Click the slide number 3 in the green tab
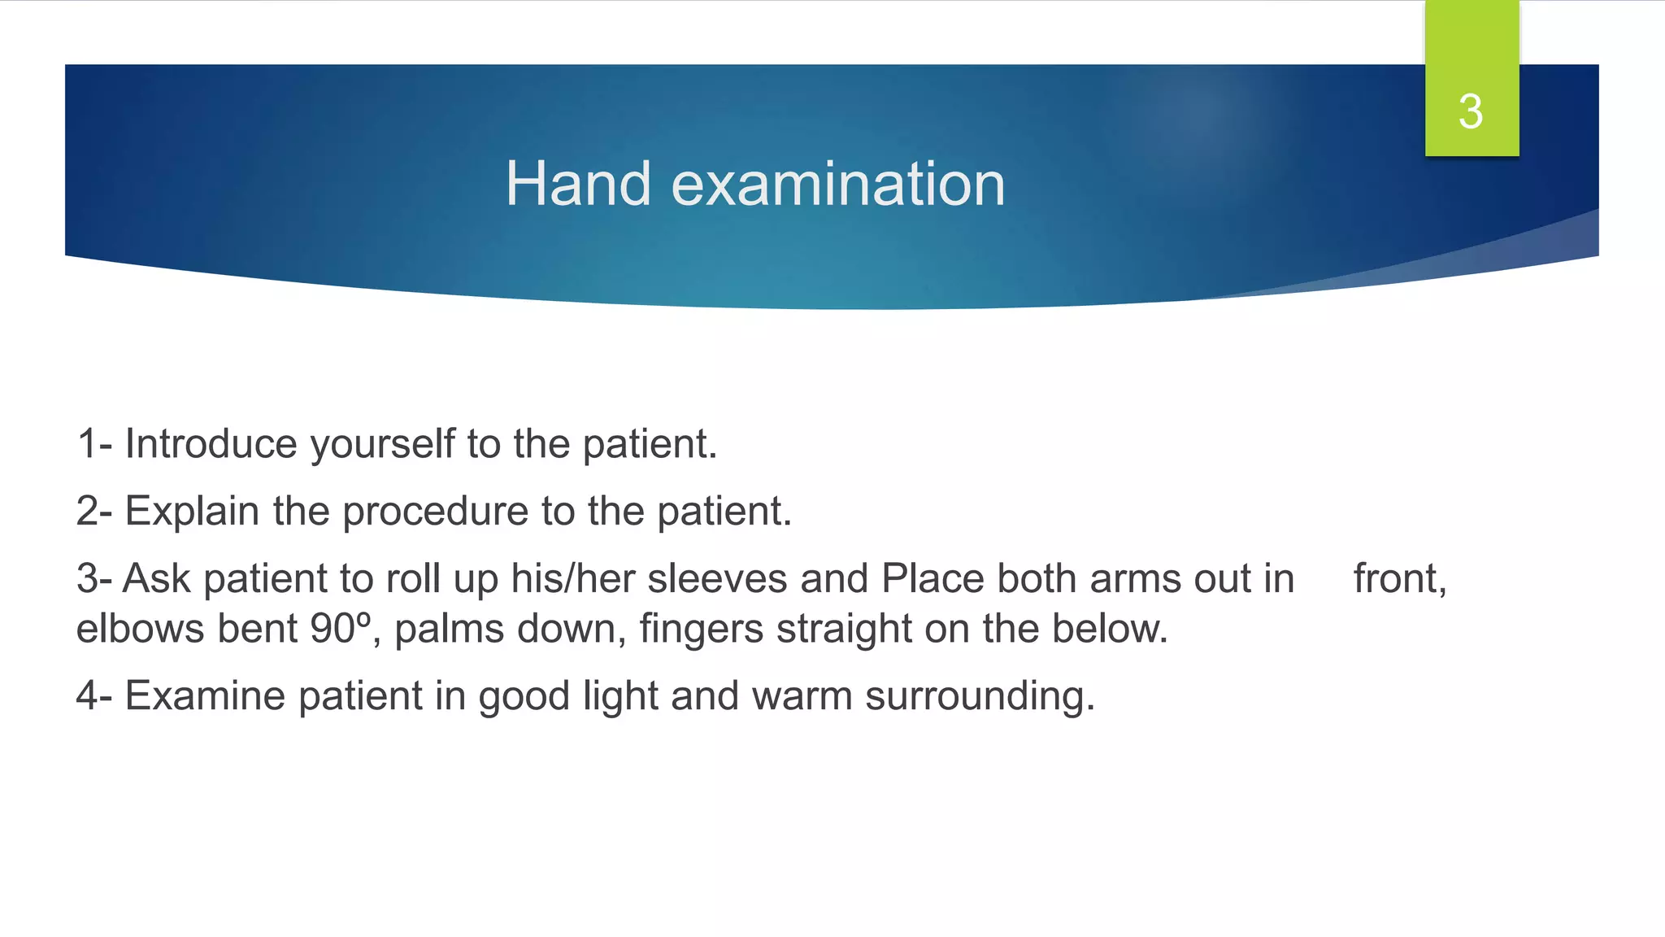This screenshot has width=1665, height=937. click(1471, 111)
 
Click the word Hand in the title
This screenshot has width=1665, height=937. click(578, 184)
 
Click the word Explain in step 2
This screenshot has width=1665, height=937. click(192, 512)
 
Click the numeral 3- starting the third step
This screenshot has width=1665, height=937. click(93, 579)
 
